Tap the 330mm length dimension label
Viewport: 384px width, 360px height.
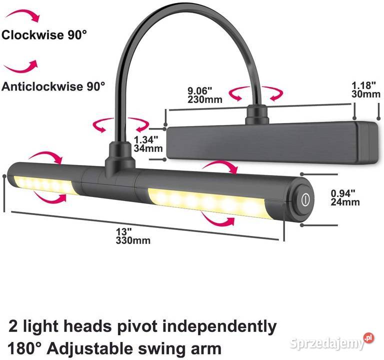click(133, 240)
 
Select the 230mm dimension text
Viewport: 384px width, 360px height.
click(205, 99)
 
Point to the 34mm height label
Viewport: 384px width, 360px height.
click(148, 148)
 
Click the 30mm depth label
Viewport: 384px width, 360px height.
click(366, 94)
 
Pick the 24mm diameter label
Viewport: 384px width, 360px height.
click(345, 202)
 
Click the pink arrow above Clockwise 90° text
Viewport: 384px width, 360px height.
click(22, 15)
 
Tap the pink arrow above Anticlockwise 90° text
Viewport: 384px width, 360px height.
click(21, 66)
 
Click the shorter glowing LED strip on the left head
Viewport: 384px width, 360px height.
click(44, 185)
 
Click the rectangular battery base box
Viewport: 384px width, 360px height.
click(272, 142)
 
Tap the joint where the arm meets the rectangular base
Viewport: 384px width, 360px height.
click(257, 113)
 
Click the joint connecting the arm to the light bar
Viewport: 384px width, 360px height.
click(120, 159)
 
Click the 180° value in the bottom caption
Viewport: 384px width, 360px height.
click(24, 348)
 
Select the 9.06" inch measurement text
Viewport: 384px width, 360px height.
click(199, 91)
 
